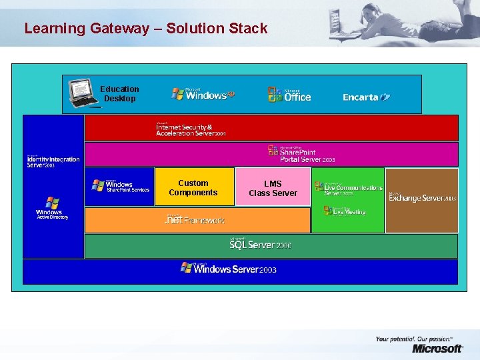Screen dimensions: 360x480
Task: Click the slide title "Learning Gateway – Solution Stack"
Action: pos(145,29)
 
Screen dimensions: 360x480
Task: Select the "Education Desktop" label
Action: pos(119,94)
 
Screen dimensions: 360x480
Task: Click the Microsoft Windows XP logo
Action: pos(203,95)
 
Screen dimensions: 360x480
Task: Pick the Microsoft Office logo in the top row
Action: pos(289,95)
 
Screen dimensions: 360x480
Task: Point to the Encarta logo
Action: pos(366,97)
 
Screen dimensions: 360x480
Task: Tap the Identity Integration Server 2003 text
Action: pos(53,161)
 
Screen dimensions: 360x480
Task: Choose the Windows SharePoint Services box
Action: pos(121,186)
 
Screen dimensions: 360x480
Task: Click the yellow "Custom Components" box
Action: pos(193,187)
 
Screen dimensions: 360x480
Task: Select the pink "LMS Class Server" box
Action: pos(273,188)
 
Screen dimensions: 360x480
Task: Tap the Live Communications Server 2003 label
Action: pos(348,189)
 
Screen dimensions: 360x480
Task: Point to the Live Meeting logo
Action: pos(345,211)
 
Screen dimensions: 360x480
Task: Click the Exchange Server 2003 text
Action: pos(423,198)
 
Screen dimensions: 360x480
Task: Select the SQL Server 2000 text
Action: pos(260,245)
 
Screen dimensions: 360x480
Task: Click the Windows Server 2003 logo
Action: pos(228,269)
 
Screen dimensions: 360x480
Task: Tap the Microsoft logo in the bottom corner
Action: pos(437,348)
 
